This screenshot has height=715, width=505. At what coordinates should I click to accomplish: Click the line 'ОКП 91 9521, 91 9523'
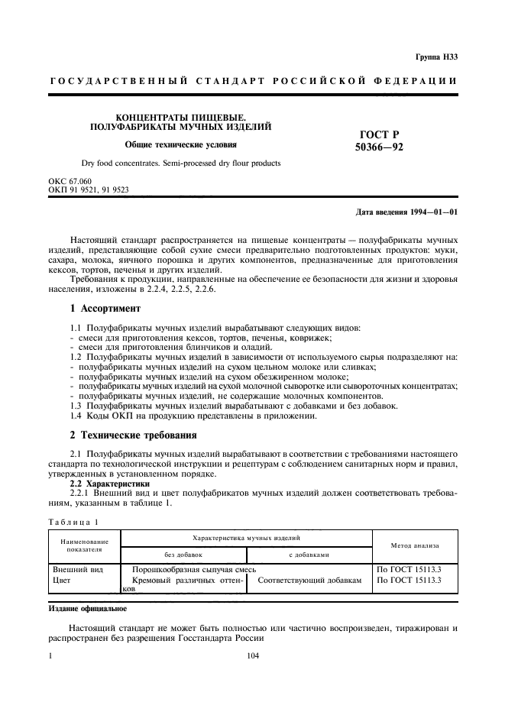88,190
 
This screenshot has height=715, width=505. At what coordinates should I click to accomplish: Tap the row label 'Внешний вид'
76,570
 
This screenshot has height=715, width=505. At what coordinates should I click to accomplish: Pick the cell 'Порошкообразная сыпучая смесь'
194,570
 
